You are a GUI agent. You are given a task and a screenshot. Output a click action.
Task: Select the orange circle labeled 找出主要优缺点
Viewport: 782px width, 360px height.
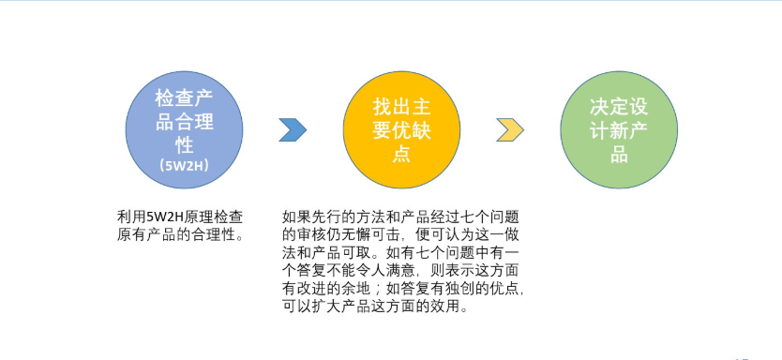[x=401, y=128]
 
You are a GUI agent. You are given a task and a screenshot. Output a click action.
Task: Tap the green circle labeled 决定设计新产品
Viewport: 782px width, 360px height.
[x=619, y=128]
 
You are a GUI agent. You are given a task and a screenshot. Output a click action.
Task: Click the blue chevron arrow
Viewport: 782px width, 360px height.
[x=293, y=130]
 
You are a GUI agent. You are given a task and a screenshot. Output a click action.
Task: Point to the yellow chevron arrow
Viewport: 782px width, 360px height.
[x=509, y=130]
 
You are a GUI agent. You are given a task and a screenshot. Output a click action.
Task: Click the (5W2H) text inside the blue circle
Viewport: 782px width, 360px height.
[x=186, y=166]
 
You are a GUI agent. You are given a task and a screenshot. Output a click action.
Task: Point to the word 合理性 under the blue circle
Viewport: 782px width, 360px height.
[x=213, y=233]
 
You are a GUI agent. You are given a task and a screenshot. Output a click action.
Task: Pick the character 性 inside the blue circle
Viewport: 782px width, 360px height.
[x=186, y=145]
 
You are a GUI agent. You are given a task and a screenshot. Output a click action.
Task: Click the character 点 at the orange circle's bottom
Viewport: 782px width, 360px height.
[x=401, y=154]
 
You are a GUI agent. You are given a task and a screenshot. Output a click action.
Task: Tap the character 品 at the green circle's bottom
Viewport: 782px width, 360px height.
[x=619, y=154]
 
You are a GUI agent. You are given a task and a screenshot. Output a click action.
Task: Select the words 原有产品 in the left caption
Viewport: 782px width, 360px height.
[x=143, y=233]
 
